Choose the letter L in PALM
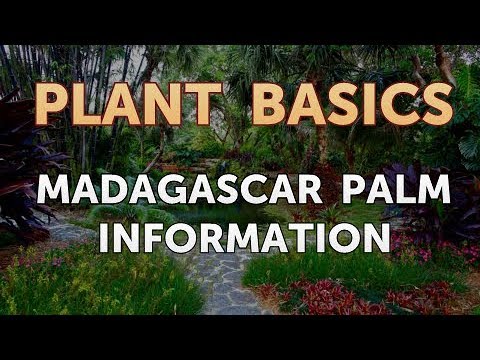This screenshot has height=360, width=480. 413,190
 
